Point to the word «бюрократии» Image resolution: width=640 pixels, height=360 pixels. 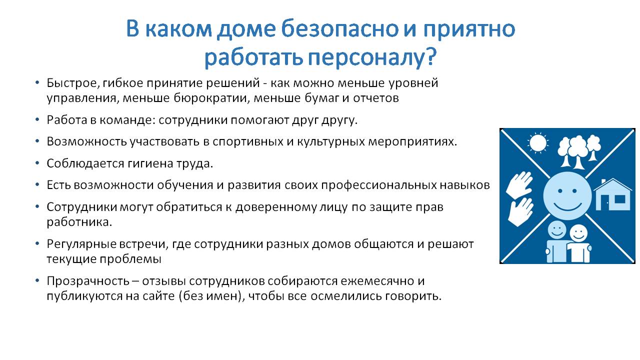coord(211,98)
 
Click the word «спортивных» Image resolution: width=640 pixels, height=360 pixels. coord(248,142)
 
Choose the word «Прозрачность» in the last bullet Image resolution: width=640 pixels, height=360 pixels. coord(88,281)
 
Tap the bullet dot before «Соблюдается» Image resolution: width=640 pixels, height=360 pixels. coord(37,163)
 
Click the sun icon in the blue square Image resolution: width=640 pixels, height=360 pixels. coord(537,142)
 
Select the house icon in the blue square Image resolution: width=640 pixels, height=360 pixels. coord(612,195)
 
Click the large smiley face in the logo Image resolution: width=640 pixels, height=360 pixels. coord(567,196)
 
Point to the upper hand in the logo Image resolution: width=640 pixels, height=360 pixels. coord(519,184)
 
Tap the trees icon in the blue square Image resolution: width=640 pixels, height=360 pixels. coord(579,151)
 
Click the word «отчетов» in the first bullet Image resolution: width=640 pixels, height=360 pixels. coord(376,98)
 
